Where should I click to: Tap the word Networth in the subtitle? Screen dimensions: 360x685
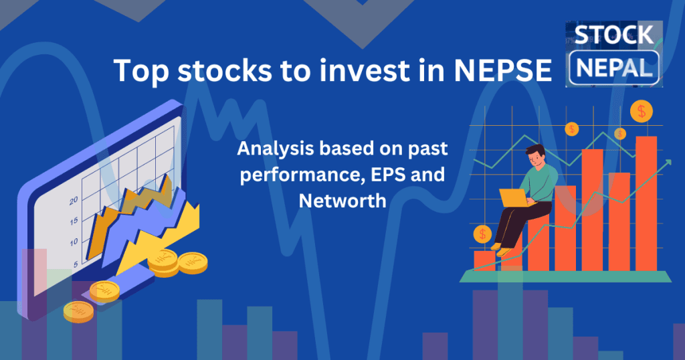(342, 199)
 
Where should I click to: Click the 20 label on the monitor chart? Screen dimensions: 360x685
(73, 199)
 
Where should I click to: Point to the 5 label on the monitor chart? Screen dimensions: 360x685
(76, 264)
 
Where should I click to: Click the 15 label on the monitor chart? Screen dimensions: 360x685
(74, 221)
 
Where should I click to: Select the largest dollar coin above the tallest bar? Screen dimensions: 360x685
(642, 112)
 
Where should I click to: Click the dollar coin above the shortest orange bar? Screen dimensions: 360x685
(482, 234)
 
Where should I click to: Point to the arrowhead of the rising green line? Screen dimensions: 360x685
(667, 165)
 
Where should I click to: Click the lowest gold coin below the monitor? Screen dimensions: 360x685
(78, 311)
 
